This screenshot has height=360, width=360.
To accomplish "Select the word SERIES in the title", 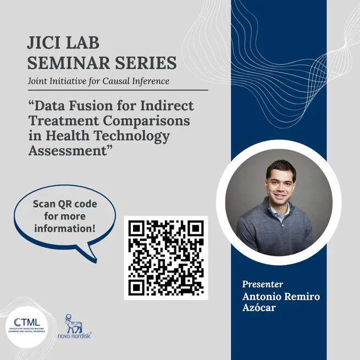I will pyautogui.click(x=147, y=62).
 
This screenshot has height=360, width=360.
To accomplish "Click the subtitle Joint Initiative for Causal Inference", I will pyautogui.click(x=98, y=81).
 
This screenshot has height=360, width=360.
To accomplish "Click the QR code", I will pyautogui.click(x=165, y=257).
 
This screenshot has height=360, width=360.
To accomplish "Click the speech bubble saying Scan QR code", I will pyautogui.click(x=65, y=217).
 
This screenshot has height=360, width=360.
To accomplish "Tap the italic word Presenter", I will pyautogui.click(x=262, y=284).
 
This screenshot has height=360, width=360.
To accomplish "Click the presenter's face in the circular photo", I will pyautogui.click(x=280, y=184).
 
